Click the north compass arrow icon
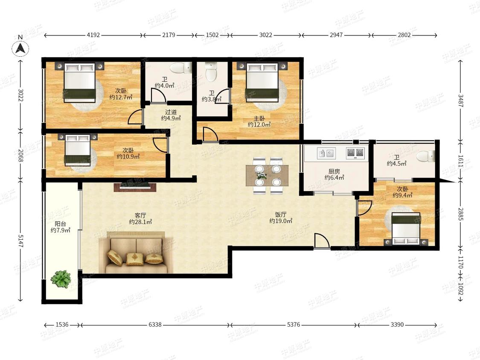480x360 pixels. [20, 48]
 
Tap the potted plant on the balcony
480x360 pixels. [61, 279]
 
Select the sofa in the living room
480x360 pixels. [136, 253]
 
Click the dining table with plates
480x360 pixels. [267, 176]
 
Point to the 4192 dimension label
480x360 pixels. [93, 35]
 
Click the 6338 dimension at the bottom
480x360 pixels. [155, 325]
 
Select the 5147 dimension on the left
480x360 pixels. [20, 241]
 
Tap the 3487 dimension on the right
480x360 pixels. [461, 100]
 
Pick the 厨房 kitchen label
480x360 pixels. [334, 172]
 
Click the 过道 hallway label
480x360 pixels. [171, 112]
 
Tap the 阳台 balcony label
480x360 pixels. [60, 224]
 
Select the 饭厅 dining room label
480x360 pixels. [280, 215]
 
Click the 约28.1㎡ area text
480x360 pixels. [140, 222]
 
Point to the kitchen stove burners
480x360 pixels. [355, 153]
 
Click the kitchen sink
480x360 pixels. [326, 153]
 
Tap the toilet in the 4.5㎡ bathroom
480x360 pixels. [426, 156]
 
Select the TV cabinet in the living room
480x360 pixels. [136, 187]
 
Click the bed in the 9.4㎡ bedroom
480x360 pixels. [406, 229]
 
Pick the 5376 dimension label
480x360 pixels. [293, 325]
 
